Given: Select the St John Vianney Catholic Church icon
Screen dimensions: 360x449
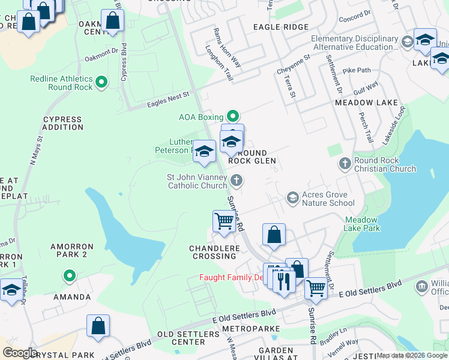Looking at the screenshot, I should coord(237,180).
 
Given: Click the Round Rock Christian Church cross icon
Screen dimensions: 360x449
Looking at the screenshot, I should coord(345,163).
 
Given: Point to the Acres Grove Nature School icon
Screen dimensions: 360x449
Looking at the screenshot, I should coord(292,198).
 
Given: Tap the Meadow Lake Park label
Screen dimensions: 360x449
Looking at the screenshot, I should coord(362,224).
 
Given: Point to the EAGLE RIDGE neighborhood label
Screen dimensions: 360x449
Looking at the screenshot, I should coord(280,27).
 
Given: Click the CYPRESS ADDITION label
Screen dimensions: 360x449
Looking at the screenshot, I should coord(63,123).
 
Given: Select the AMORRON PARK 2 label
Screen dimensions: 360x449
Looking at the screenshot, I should coord(71,250).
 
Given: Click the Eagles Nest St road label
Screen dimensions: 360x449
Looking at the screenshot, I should coord(168,100).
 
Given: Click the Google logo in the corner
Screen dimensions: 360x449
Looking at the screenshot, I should coord(19,353).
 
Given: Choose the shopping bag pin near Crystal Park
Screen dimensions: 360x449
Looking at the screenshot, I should coord(98,326).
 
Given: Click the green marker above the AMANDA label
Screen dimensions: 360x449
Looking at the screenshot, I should coord(70,276).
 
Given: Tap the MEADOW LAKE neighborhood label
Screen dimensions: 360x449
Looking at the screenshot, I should coord(366,103).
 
